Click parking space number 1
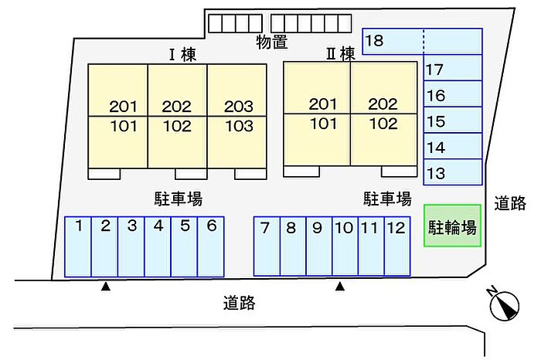tap(78, 246)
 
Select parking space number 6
tap(211, 246)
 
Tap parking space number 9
tap(318, 246)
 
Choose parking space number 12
tap(397, 246)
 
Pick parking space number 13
tap(453, 172)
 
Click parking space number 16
tap(453, 93)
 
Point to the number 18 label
tap(374, 40)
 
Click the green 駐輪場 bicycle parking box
tap(452, 226)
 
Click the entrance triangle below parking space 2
tap(106, 286)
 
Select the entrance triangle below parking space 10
tap(340, 286)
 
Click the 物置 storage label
tap(272, 42)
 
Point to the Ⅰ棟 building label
tap(183, 55)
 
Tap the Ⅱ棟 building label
tap(341, 54)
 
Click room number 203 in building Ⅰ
tap(238, 106)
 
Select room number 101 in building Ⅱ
tap(323, 124)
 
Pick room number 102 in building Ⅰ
tap(177, 126)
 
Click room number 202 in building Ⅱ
tap(383, 104)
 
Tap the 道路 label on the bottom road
tap(239, 303)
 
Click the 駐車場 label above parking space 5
tap(178, 199)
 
